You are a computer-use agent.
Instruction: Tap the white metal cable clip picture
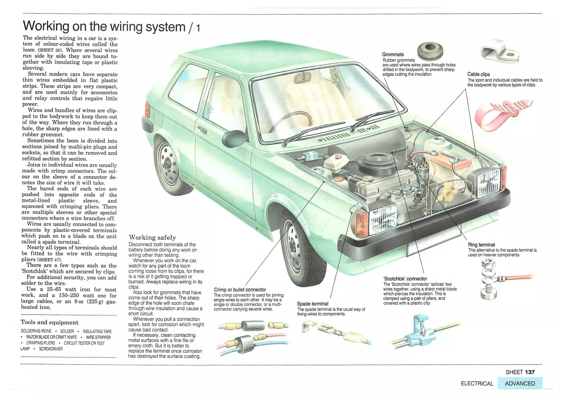click(x=499, y=51)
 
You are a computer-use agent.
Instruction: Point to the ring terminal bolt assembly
click(x=489, y=280)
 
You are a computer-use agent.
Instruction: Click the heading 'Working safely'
click(x=152, y=237)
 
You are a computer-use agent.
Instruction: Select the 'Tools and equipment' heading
click(x=50, y=322)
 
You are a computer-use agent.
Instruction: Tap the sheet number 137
click(x=530, y=372)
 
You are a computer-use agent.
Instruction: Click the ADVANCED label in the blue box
click(x=520, y=383)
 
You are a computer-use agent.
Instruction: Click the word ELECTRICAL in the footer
click(x=477, y=384)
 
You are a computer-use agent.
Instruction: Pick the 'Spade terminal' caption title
click(x=313, y=304)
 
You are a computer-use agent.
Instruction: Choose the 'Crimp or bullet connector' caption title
click(x=240, y=289)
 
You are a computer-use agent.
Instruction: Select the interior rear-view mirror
click(x=303, y=78)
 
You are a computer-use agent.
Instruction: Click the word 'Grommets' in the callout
click(x=393, y=54)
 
